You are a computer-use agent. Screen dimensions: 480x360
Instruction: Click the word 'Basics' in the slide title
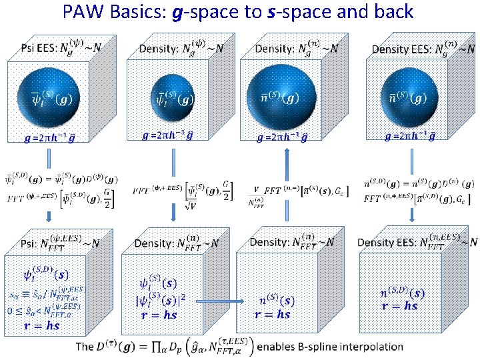(x=133, y=11)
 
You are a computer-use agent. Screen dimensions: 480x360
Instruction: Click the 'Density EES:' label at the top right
(x=399, y=49)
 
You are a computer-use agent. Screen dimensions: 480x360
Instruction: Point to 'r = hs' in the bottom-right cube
(x=399, y=305)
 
